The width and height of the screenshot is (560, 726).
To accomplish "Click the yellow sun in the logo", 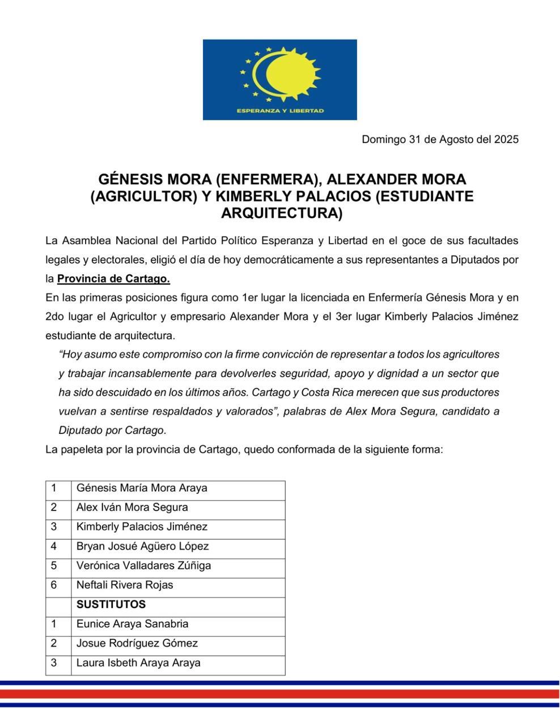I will [x=286, y=74].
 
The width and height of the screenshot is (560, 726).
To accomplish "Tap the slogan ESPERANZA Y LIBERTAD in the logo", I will [x=280, y=111].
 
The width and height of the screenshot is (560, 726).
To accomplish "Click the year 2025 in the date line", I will [x=506, y=140].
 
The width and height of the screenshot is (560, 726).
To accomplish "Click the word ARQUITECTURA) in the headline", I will [x=282, y=213].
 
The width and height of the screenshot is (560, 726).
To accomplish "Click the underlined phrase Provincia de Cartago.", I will [x=113, y=278].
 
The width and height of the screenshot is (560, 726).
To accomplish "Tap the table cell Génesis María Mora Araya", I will [x=142, y=488].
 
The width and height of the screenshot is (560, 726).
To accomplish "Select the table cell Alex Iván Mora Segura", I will [x=132, y=507].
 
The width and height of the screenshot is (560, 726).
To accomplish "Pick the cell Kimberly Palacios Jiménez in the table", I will [x=142, y=526].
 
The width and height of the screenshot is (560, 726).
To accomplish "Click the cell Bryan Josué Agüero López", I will [x=142, y=546].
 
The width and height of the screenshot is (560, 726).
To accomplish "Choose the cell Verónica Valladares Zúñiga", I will [x=143, y=565].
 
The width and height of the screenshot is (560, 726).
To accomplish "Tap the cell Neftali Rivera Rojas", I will [x=125, y=585].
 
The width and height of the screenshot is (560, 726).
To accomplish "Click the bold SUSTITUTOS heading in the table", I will [x=111, y=604].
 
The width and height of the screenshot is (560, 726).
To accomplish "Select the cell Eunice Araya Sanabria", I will [x=132, y=624].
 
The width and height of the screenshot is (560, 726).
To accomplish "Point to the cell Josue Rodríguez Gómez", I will [x=137, y=643].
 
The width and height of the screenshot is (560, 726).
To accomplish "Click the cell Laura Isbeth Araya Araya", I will [x=138, y=662].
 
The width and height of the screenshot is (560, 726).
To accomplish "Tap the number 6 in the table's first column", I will [x=54, y=585].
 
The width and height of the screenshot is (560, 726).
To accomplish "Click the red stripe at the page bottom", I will [x=280, y=693].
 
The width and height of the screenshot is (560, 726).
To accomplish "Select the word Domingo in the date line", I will [x=383, y=140].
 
